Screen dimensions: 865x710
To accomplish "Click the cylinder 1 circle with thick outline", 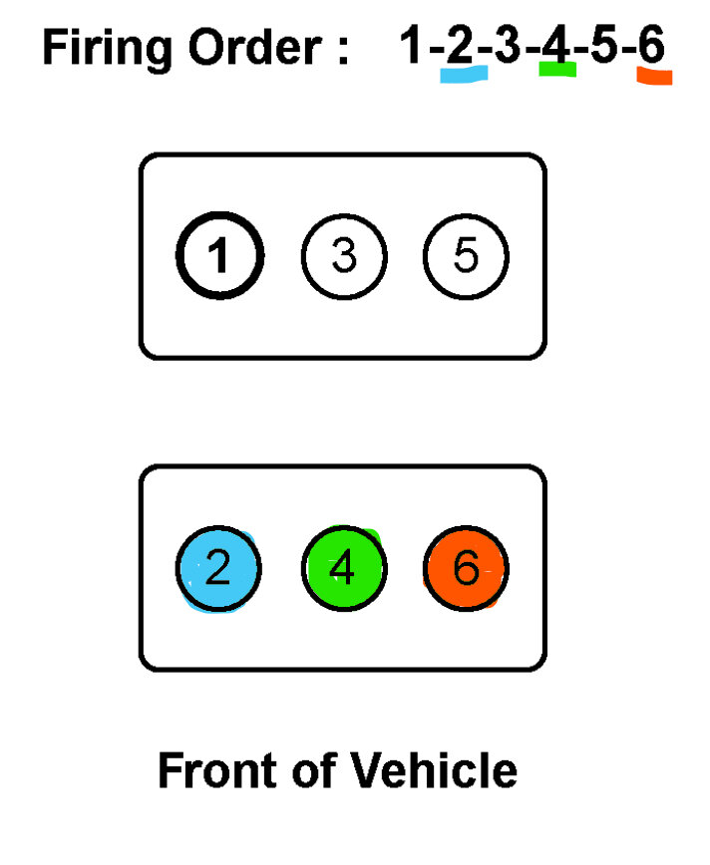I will [x=219, y=257].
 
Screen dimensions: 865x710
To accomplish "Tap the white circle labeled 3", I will [x=343, y=257].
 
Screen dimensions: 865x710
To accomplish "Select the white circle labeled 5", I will [x=466, y=257].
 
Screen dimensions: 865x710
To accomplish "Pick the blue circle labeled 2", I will [x=219, y=569].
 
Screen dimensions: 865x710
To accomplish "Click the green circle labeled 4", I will [x=343, y=569].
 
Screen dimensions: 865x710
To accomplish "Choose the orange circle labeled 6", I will [x=466, y=569].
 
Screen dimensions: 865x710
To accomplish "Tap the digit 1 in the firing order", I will [x=411, y=46].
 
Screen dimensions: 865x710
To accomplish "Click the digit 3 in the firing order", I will [x=508, y=46].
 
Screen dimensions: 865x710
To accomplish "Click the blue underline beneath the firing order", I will [x=463, y=76].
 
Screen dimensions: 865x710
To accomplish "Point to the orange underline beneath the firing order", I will [x=654, y=77].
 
